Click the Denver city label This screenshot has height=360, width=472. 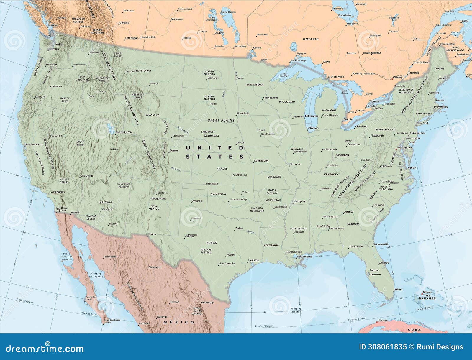click(174, 150)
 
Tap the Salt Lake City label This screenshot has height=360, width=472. click(124, 132)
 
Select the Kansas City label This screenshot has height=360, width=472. click(261, 161)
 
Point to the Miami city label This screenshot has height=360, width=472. click(398, 290)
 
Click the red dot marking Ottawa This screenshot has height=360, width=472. click(392, 79)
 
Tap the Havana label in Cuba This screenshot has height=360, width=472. click(382, 320)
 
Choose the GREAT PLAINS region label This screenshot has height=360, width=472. click(221, 120)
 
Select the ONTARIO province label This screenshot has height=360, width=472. click(311, 39)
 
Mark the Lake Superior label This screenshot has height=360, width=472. click(284, 75)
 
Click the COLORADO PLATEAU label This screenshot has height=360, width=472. click(124, 185)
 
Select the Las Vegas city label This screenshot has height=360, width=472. click(87, 176)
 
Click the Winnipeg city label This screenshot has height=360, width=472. click(240, 46)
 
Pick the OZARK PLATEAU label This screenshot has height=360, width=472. click(272, 191)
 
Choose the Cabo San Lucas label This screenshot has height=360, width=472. click(112, 320)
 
